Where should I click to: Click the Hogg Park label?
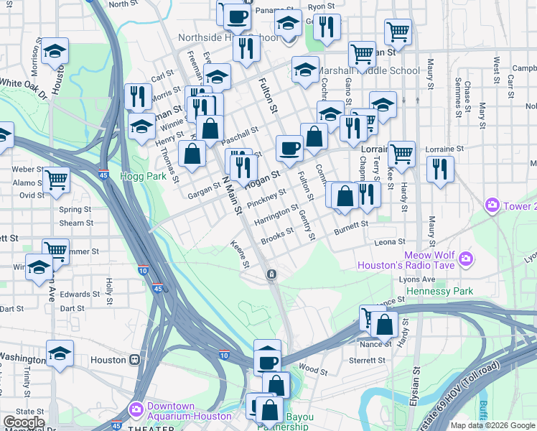click(143, 175)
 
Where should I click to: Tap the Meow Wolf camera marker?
click(466, 258)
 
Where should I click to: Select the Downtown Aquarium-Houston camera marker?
click(136, 409)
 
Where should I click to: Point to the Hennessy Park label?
click(439, 292)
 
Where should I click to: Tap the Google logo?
click(24, 422)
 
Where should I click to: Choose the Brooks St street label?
click(277, 236)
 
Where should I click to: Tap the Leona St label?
click(390, 242)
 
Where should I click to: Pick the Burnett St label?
click(351, 229)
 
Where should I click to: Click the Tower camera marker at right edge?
click(492, 206)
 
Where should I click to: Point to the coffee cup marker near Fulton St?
click(289, 149)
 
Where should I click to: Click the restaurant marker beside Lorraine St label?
click(440, 170)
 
